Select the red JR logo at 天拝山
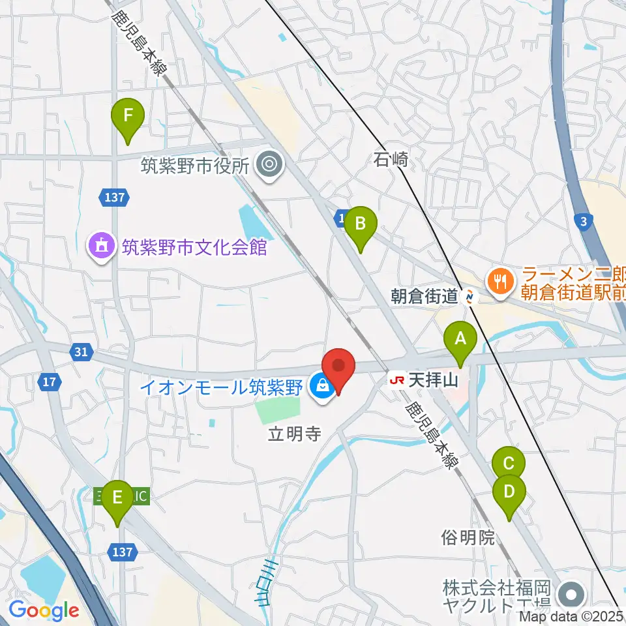coord(396,379)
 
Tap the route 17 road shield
coord(50,382)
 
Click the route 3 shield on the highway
coord(585,222)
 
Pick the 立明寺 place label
coord(294,434)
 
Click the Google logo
coord(44,610)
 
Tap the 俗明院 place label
coord(468,537)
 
